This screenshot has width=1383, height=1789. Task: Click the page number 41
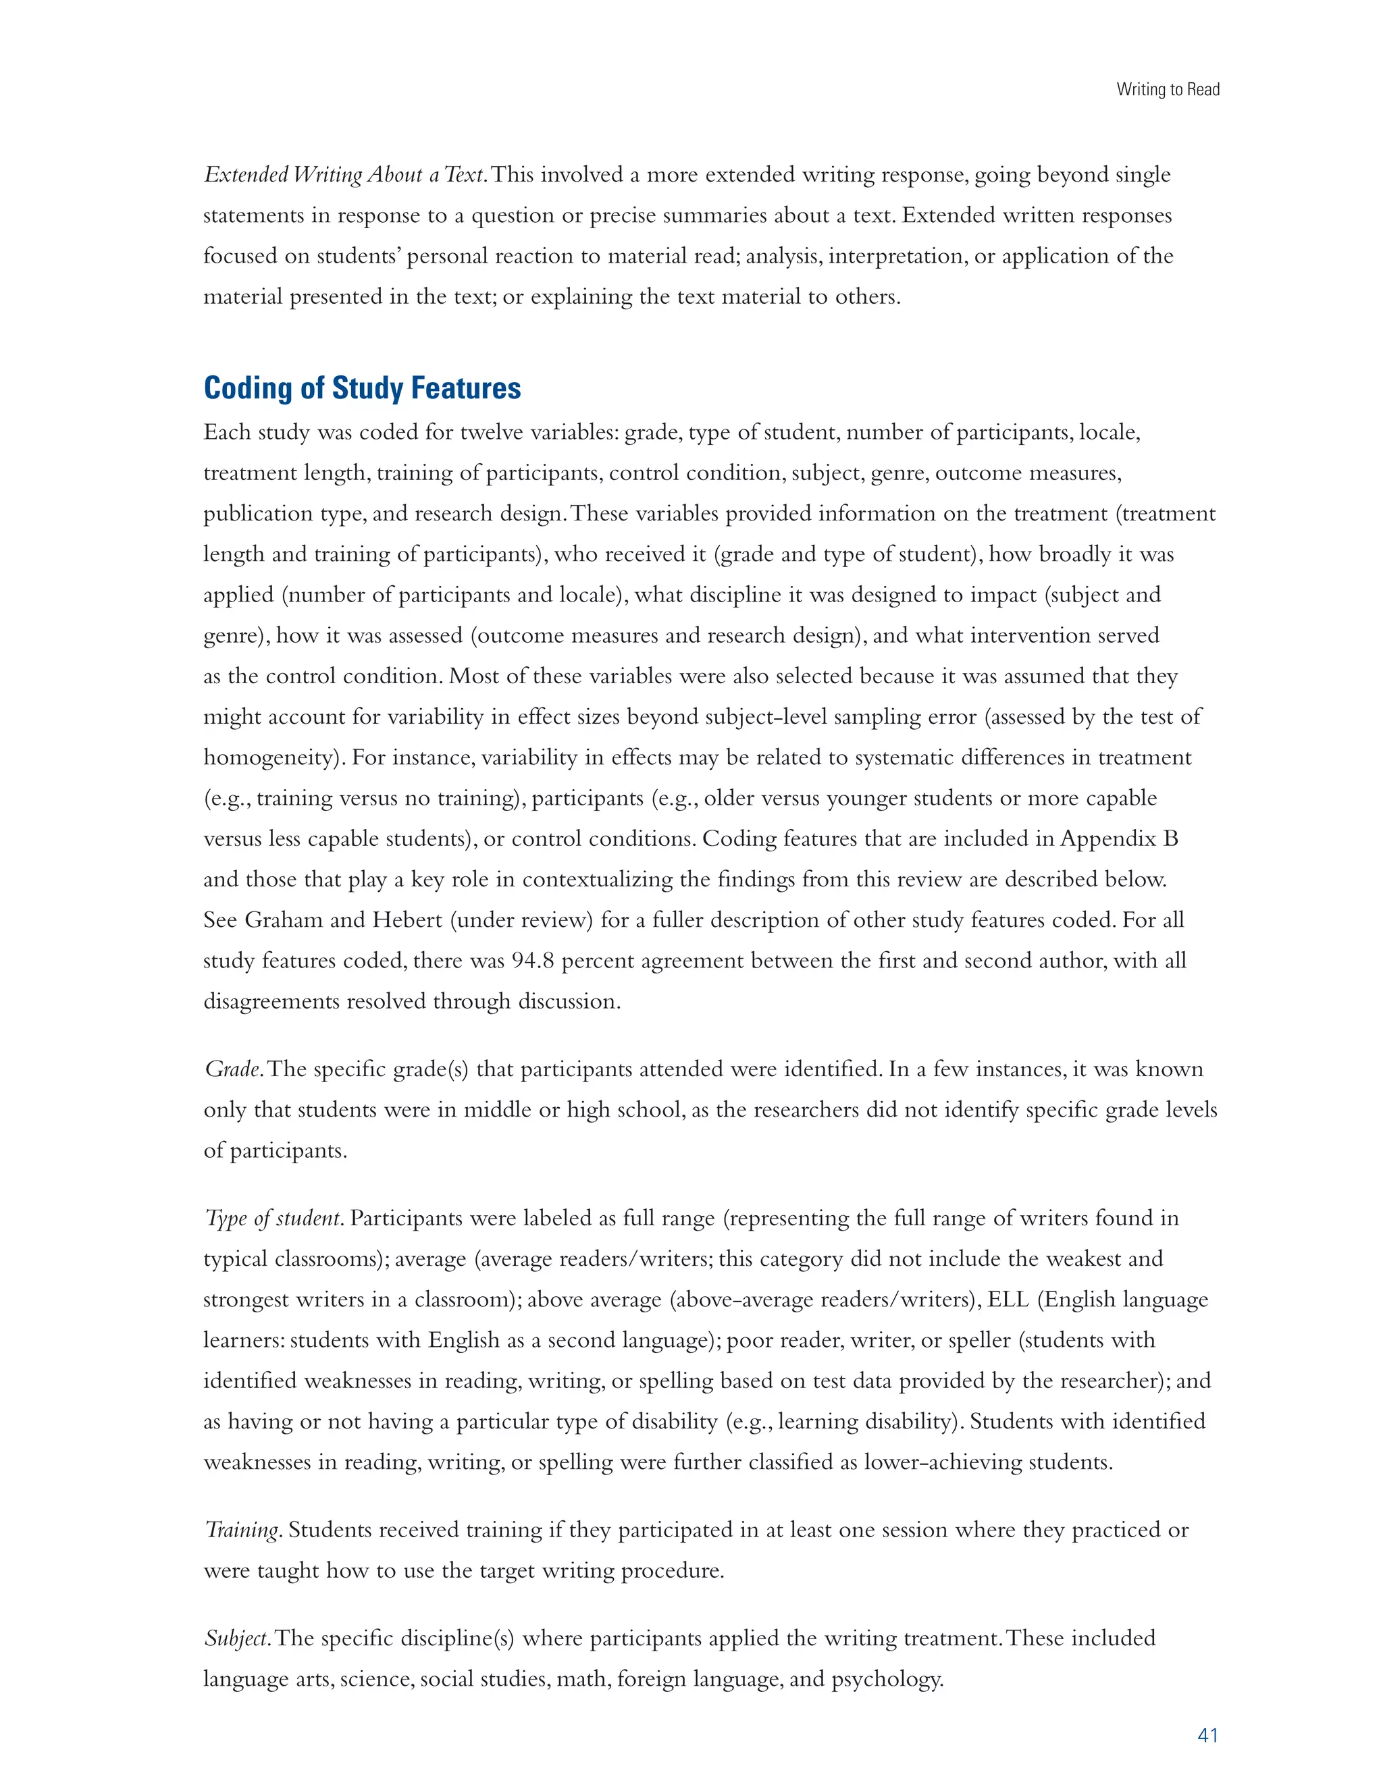click(1207, 1734)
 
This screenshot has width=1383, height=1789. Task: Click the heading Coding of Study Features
click(361, 388)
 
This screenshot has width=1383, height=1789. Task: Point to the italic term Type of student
click(273, 1218)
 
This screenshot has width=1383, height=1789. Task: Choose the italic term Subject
click(236, 1638)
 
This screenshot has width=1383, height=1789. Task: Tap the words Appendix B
click(1118, 838)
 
